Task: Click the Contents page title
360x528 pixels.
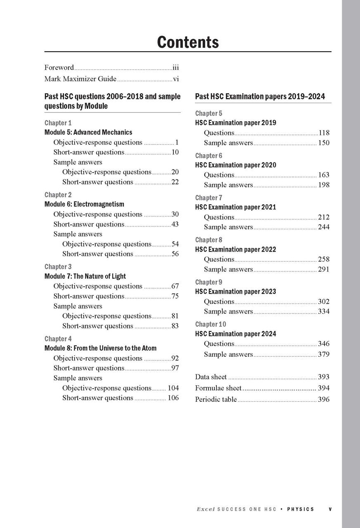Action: [188, 42]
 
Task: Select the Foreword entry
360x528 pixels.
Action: [59, 67]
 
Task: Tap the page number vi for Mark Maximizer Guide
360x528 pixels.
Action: [175, 79]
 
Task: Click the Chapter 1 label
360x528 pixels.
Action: [58, 123]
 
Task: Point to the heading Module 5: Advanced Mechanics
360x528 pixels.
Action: [88, 132]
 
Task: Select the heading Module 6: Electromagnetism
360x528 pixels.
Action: [84, 204]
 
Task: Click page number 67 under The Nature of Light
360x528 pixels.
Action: [175, 286]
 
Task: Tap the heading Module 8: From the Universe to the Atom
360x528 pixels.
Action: [100, 348]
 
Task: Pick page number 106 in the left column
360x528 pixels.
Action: [173, 398]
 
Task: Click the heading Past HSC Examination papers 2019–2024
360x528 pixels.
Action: [260, 97]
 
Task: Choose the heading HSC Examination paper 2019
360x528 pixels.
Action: [235, 123]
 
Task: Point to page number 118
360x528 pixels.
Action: [324, 133]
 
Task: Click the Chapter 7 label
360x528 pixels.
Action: [208, 198]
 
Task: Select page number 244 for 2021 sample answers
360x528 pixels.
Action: [324, 227]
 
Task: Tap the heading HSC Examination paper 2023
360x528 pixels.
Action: [235, 292]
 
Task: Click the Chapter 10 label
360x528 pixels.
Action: [211, 324]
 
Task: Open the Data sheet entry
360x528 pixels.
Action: [211, 377]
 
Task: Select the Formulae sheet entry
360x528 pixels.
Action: [218, 388]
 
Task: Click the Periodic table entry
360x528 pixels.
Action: [216, 399]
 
